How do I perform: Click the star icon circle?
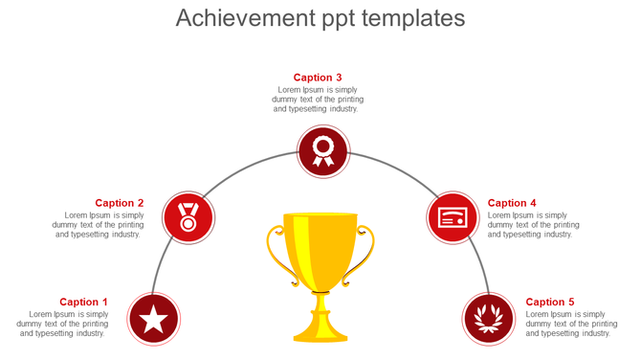(x=154, y=318)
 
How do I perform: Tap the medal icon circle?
(x=188, y=217)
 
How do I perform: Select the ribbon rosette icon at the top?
(x=323, y=151)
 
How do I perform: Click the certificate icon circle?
(x=452, y=217)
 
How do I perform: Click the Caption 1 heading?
(x=84, y=302)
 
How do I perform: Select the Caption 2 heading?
(x=120, y=203)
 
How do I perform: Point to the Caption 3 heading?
(x=318, y=78)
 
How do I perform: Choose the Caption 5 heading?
(x=550, y=302)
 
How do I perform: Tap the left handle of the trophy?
(x=276, y=254)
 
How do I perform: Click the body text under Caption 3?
(x=318, y=100)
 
